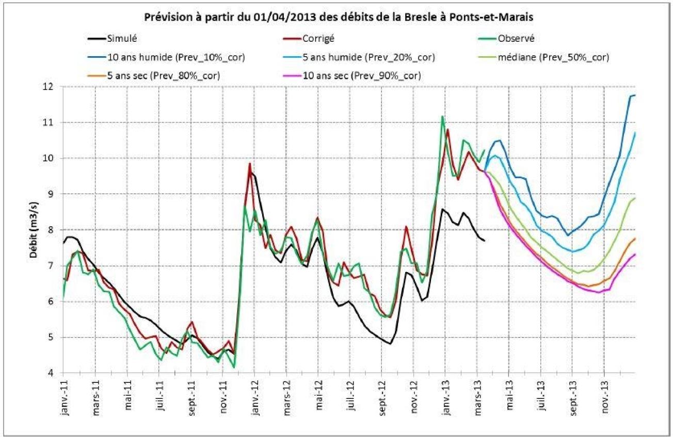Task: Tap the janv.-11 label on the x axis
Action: pyautogui.click(x=64, y=398)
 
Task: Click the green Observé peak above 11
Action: pyautogui.click(x=442, y=116)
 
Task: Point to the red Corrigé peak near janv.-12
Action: pyautogui.click(x=250, y=164)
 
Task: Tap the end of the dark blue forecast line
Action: pyautogui.click(x=634, y=95)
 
